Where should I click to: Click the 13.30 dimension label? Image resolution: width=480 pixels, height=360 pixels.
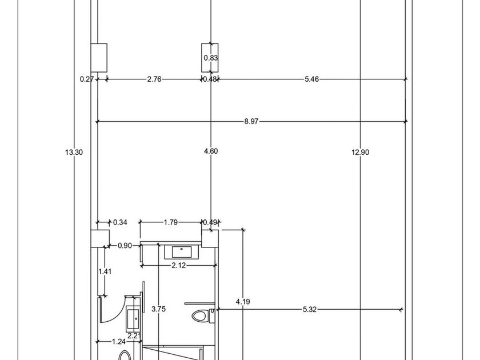(x=74, y=152)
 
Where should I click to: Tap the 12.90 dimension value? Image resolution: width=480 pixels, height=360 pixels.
(x=361, y=152)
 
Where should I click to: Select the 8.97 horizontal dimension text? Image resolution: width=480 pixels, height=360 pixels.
(x=251, y=122)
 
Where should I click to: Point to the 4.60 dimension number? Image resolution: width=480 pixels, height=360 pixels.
(x=211, y=151)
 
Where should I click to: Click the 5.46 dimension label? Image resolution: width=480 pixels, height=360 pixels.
(x=311, y=79)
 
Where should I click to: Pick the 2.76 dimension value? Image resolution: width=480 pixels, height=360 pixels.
(x=154, y=79)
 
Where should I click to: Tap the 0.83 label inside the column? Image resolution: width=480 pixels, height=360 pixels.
(x=211, y=58)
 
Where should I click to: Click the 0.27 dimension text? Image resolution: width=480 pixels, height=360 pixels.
(x=87, y=79)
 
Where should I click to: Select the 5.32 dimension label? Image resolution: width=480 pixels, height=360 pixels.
(x=310, y=310)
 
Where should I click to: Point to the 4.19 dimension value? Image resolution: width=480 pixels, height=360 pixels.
(x=243, y=302)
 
